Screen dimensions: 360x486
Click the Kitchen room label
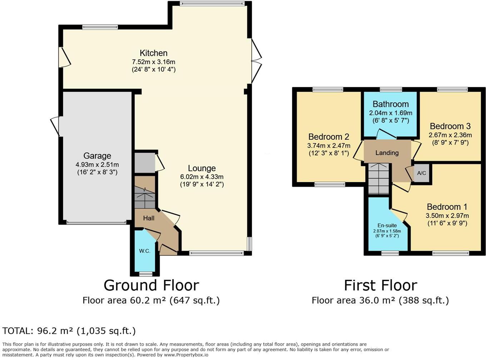(153, 53)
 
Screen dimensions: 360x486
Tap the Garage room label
(97, 156)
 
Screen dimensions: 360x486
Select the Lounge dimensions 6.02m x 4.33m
(202, 177)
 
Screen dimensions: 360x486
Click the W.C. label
(145, 251)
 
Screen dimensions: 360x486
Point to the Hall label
(149, 218)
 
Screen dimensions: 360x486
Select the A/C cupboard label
(422, 173)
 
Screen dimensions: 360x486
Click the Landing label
(387, 153)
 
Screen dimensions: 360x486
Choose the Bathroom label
(391, 104)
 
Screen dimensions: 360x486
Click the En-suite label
(387, 225)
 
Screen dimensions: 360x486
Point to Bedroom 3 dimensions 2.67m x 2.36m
(450, 135)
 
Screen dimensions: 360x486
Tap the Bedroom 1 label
(447, 207)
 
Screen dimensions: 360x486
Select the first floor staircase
(379, 179)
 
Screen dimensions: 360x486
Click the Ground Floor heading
(151, 285)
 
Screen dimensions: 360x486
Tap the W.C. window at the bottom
(145, 274)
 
